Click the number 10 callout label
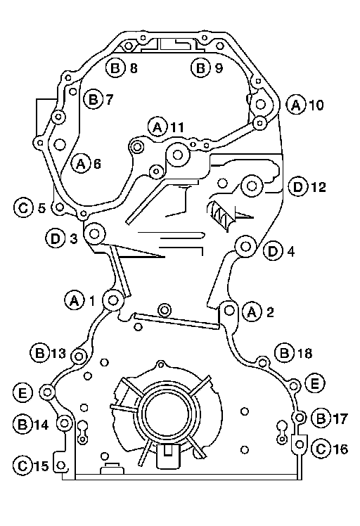tap(316, 105)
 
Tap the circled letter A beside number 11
tap(157, 127)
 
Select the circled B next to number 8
tap(115, 68)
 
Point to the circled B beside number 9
tap(200, 68)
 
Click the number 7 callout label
tap(110, 99)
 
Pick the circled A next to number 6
tap(81, 164)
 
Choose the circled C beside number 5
tap(23, 207)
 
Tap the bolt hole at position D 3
tap(94, 233)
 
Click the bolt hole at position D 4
tap(245, 247)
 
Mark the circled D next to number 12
tap(298, 187)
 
